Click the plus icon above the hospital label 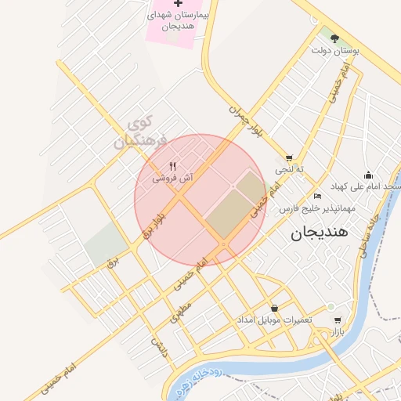pyautogui.click(x=178, y=5)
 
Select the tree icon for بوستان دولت pyautogui.click(x=334, y=38)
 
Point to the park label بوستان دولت pyautogui.click(x=334, y=50)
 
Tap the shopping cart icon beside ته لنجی pyautogui.click(x=289, y=157)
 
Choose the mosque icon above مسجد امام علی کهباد pyautogui.click(x=369, y=175)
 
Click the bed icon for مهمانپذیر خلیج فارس pyautogui.click(x=316, y=196)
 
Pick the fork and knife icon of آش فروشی pyautogui.click(x=172, y=166)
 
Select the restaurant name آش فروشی pyautogui.click(x=172, y=179)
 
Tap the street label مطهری pyautogui.click(x=181, y=311)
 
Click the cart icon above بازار pyautogui.click(x=338, y=320)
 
